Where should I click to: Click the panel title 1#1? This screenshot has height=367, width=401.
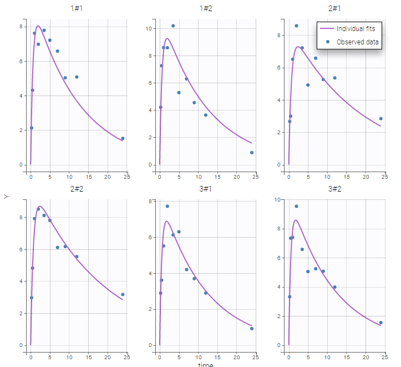click(77, 9)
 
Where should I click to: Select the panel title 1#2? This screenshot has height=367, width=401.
click(206, 9)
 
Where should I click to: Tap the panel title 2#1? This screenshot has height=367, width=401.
click(334, 9)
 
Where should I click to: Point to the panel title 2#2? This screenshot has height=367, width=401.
click(77, 189)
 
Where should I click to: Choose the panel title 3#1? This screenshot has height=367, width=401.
click(206, 189)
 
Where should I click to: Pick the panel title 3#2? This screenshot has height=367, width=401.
click(334, 189)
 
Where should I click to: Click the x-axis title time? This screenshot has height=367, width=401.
click(206, 364)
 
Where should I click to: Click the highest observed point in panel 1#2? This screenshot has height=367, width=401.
click(173, 26)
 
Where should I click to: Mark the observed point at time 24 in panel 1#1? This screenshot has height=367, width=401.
click(123, 138)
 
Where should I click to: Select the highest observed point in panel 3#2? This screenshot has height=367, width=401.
click(296, 206)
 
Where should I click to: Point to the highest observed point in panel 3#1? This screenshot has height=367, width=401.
click(167, 206)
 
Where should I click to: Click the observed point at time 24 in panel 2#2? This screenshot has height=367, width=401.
click(123, 294)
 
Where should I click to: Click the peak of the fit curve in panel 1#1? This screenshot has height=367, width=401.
click(38, 26)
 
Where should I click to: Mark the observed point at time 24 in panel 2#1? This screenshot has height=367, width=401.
click(380, 118)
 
